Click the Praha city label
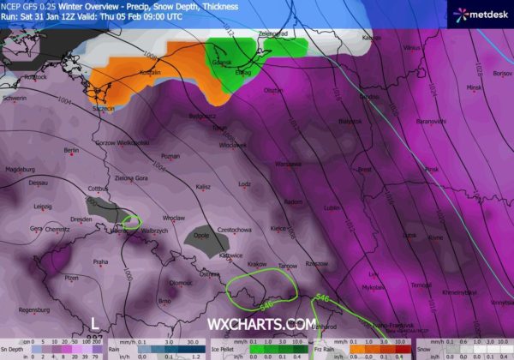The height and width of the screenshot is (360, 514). click(x=100, y=261)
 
